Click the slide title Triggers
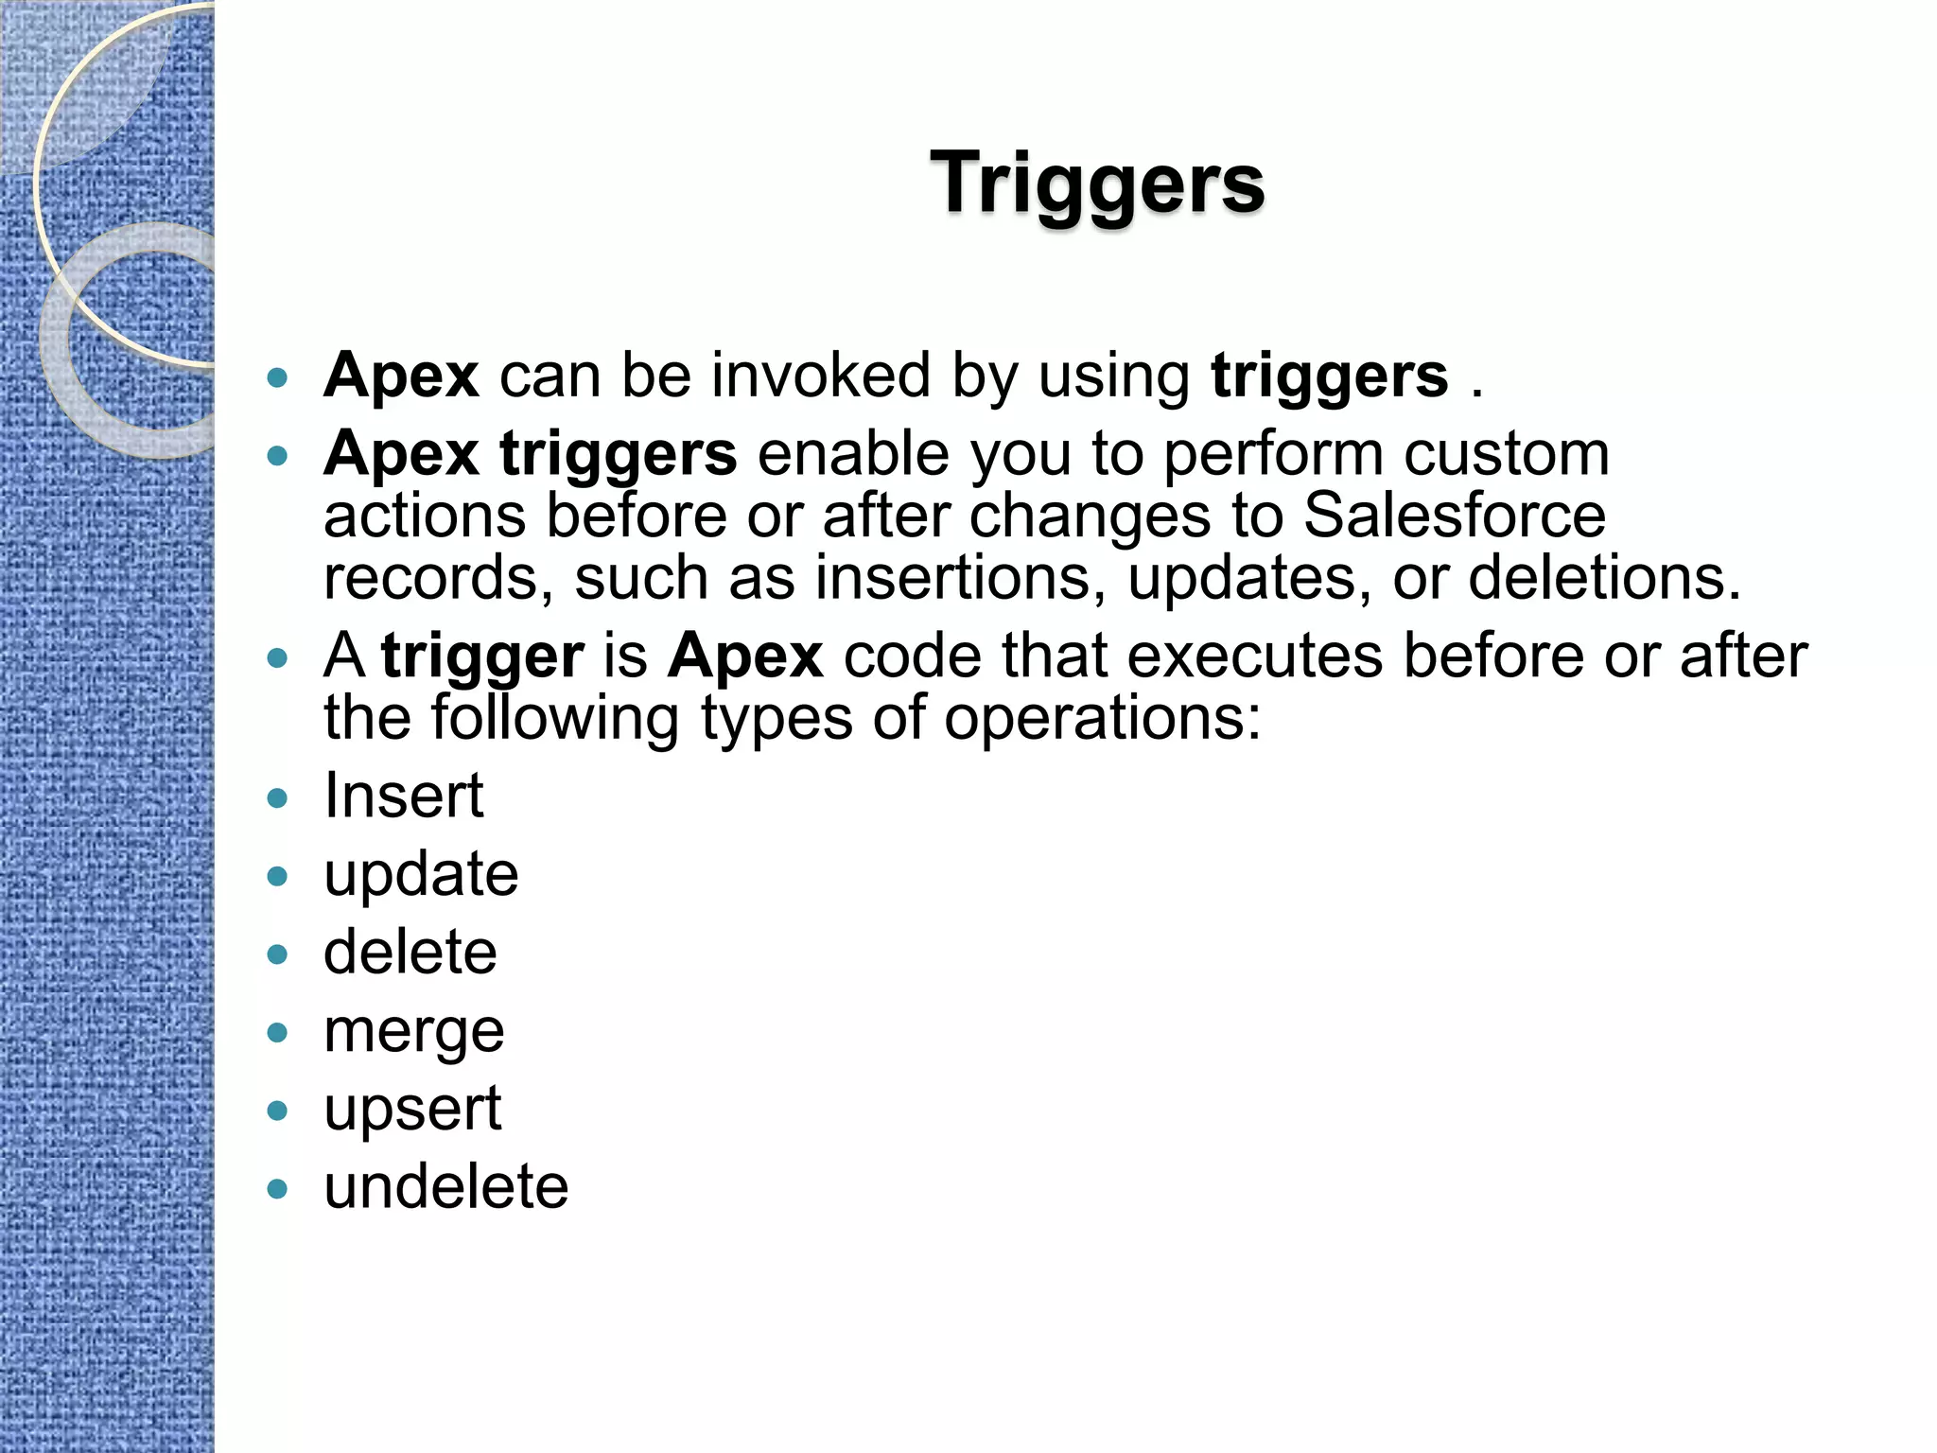(x=1097, y=184)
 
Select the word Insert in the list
(x=404, y=796)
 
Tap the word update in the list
(x=421, y=875)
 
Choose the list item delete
(x=410, y=953)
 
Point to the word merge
(x=413, y=1033)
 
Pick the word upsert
(x=412, y=1111)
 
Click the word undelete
(x=445, y=1187)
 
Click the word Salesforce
(x=1455, y=516)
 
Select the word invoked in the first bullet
(x=821, y=376)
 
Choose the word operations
(x=1103, y=718)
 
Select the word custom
(x=1507, y=454)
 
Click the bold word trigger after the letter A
(x=482, y=657)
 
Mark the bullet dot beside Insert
(x=277, y=797)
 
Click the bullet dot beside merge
(x=277, y=1032)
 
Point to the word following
(x=555, y=718)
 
